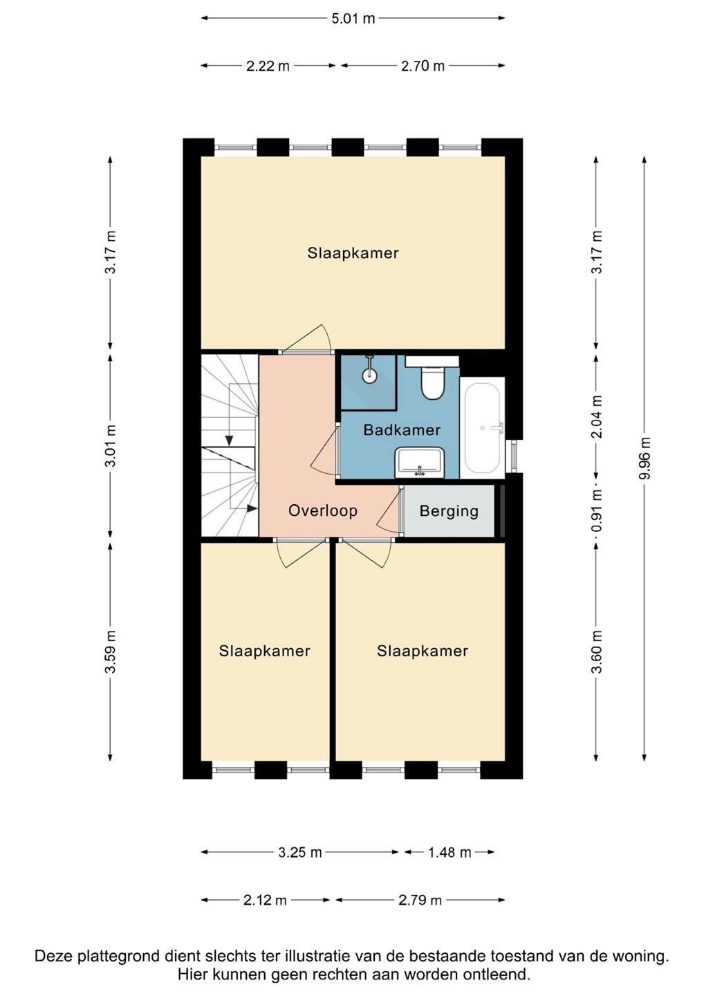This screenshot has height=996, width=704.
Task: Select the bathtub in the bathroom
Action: click(482, 427)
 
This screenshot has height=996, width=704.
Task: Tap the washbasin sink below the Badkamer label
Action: click(420, 463)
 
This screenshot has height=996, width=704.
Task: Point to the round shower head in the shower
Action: click(369, 376)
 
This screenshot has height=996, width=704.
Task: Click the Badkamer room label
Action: click(402, 430)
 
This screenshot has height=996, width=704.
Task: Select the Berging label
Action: click(449, 511)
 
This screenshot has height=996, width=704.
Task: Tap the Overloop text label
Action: click(323, 510)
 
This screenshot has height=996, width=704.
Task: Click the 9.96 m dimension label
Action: click(645, 458)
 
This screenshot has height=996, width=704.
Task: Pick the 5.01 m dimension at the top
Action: click(353, 19)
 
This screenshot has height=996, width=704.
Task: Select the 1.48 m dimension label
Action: click(449, 852)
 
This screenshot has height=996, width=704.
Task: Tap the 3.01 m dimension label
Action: click(111, 445)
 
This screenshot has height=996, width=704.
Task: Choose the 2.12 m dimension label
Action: click(264, 901)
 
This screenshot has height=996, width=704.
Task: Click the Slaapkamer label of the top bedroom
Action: click(353, 253)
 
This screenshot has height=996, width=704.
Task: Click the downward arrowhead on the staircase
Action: click(230, 440)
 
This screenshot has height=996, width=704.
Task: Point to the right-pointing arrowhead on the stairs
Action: click(252, 508)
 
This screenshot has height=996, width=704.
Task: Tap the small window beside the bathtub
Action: click(514, 456)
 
